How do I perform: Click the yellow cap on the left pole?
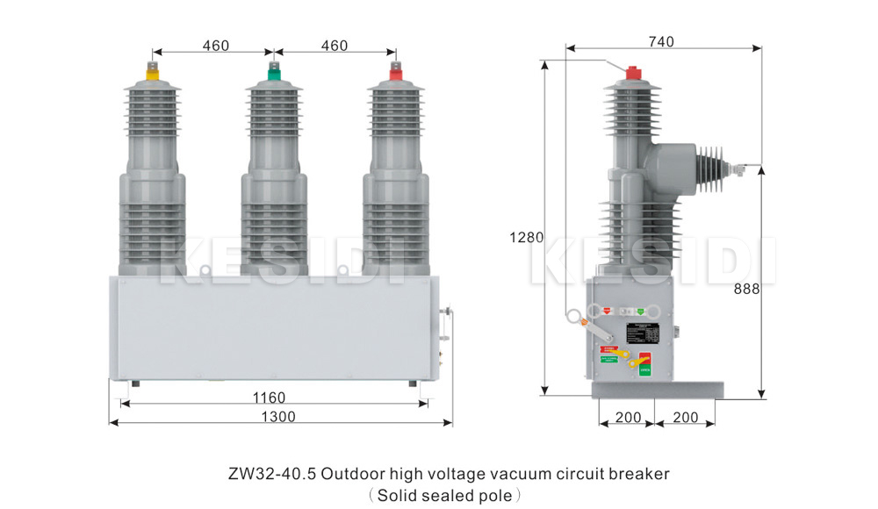(x=152, y=76)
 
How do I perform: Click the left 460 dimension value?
(x=216, y=46)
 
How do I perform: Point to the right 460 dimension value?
(x=334, y=46)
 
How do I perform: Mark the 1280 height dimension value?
(x=527, y=237)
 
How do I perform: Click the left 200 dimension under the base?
(x=628, y=418)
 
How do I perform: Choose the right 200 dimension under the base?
(x=686, y=418)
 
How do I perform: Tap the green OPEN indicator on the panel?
(x=644, y=369)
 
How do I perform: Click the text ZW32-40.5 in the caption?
(x=271, y=475)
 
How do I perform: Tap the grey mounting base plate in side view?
(x=658, y=389)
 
